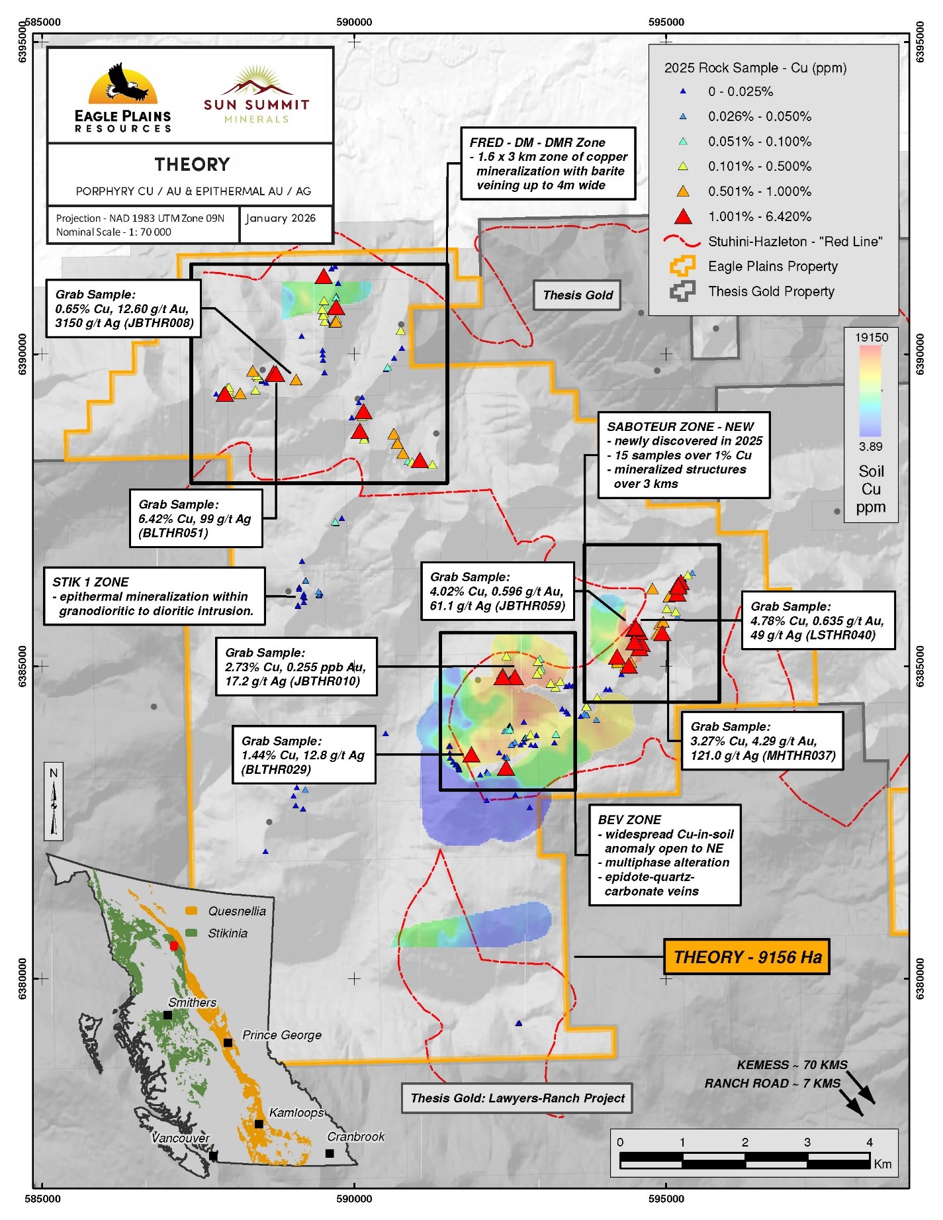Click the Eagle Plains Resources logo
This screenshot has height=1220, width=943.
click(123, 98)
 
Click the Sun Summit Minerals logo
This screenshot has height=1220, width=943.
click(257, 95)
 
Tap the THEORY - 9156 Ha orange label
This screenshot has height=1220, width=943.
click(747, 957)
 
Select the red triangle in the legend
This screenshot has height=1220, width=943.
click(683, 216)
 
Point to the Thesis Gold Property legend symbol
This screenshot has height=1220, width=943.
click(683, 291)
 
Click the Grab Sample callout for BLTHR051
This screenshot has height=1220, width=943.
click(197, 518)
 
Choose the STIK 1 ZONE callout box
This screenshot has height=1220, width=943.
click(155, 596)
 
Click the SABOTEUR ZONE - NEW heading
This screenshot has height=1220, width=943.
click(680, 426)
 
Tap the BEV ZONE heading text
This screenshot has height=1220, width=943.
click(629, 820)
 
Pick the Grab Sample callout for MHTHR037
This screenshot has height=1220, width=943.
click(762, 741)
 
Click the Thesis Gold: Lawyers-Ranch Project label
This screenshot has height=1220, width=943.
click(517, 1098)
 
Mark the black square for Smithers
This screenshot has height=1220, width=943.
click(167, 1015)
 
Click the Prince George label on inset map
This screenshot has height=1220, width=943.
click(282, 1035)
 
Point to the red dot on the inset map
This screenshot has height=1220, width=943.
click(174, 946)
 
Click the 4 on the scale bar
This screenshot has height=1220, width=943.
click(870, 1142)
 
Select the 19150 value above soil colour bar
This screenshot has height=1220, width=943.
click(872, 337)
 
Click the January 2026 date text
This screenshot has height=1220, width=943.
click(281, 218)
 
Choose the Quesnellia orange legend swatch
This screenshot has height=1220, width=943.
click(192, 911)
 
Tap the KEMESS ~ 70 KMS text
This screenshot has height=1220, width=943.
click(792, 1065)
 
